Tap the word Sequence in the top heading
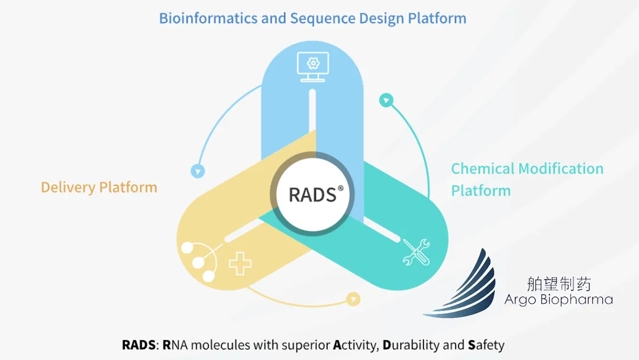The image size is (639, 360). pyautogui.click(x=317, y=18)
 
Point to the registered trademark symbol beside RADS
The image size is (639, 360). pyautogui.click(x=341, y=188)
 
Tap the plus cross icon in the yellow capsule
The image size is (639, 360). pyautogui.click(x=240, y=263)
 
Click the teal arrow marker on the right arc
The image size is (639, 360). pyautogui.click(x=386, y=101)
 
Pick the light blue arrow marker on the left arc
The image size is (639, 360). pyautogui.click(x=198, y=172)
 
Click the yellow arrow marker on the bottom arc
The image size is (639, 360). pyautogui.click(x=353, y=298)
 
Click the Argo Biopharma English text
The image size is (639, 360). pyautogui.click(x=558, y=300)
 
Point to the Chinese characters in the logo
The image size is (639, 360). pyautogui.click(x=558, y=284)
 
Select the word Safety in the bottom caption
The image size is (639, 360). pyautogui.click(x=486, y=345)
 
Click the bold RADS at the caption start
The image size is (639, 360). pyautogui.click(x=139, y=345)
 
